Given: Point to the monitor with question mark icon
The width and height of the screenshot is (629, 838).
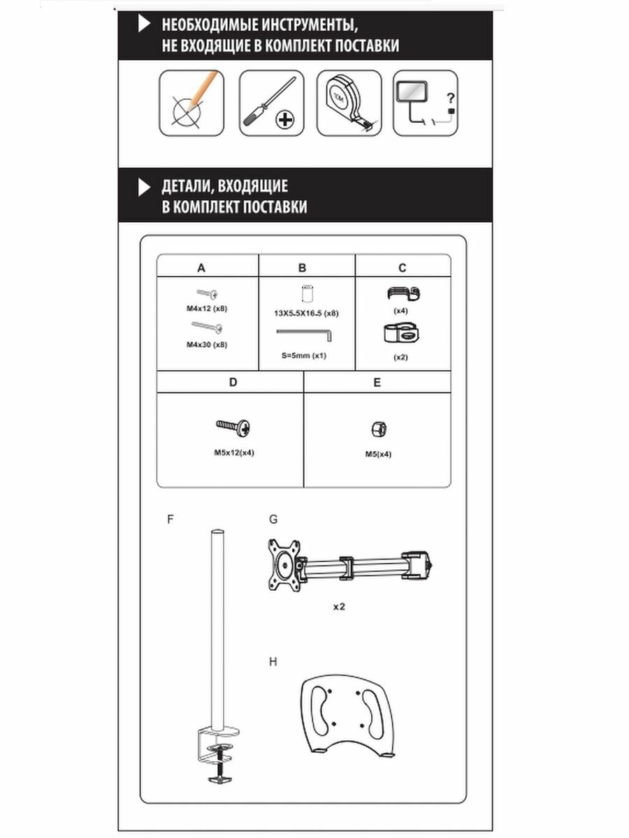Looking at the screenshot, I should (425, 103).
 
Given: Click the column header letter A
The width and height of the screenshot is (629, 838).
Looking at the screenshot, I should (201, 267).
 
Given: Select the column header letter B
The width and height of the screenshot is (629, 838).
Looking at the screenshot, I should (302, 267).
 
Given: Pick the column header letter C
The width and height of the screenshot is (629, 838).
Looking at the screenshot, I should (402, 267).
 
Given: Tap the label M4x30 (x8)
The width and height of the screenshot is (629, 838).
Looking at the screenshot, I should (206, 344).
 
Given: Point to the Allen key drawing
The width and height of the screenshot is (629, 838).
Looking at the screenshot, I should (305, 337).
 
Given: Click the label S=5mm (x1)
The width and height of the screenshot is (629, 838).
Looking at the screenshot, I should (304, 356).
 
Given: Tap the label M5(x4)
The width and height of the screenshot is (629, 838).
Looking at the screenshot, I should (378, 454).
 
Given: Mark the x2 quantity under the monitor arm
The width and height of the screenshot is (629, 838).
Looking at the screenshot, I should (339, 606).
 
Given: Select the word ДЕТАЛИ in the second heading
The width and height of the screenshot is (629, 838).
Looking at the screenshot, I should (187, 186).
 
